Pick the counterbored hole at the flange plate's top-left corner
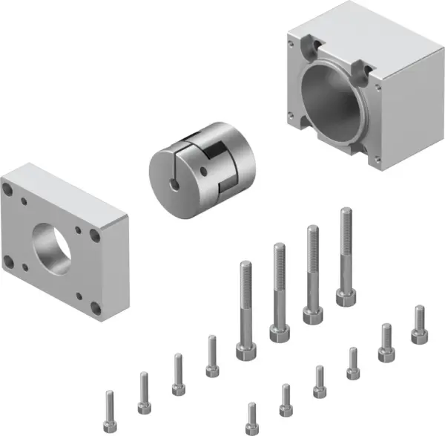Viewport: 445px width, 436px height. coord(16,192)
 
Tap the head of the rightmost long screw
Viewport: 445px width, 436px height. coord(345,297)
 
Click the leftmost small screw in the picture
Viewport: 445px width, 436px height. coord(111,405)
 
